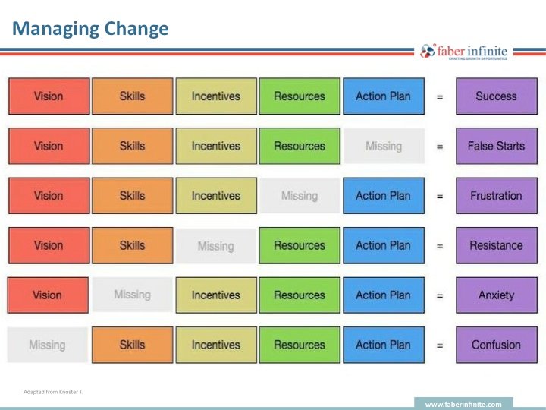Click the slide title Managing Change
(x=90, y=30)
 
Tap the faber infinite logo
(x=465, y=52)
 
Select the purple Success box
(x=496, y=96)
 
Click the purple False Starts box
(x=496, y=146)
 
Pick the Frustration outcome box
(x=496, y=196)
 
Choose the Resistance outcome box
(x=496, y=245)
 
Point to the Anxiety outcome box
(x=496, y=295)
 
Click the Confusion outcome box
(x=496, y=345)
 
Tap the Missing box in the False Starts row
(x=384, y=146)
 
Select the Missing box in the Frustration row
(x=300, y=196)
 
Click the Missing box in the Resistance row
(x=216, y=246)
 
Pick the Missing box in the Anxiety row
(x=132, y=295)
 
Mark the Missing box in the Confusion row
(x=48, y=345)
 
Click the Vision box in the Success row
(x=49, y=96)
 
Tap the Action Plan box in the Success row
(x=383, y=96)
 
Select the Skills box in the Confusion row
(x=132, y=345)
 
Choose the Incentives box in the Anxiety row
(x=216, y=295)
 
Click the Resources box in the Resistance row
(x=300, y=245)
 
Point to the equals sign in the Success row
(x=440, y=97)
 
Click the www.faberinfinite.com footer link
(x=463, y=405)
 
